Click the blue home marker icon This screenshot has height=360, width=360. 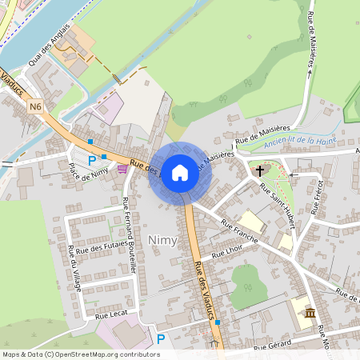coord(180,173)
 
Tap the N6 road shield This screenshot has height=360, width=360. coord(34,106)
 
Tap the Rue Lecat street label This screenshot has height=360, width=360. coord(111,317)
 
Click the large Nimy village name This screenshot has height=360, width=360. coord(162,240)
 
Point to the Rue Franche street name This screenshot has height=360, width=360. coord(239,230)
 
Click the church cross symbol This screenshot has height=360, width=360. coord(259,170)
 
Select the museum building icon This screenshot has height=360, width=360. coord(310,313)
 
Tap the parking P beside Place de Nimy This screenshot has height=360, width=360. coord(92,160)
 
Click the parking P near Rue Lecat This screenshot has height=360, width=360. coord(161,339)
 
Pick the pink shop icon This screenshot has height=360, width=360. coord(122,169)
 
